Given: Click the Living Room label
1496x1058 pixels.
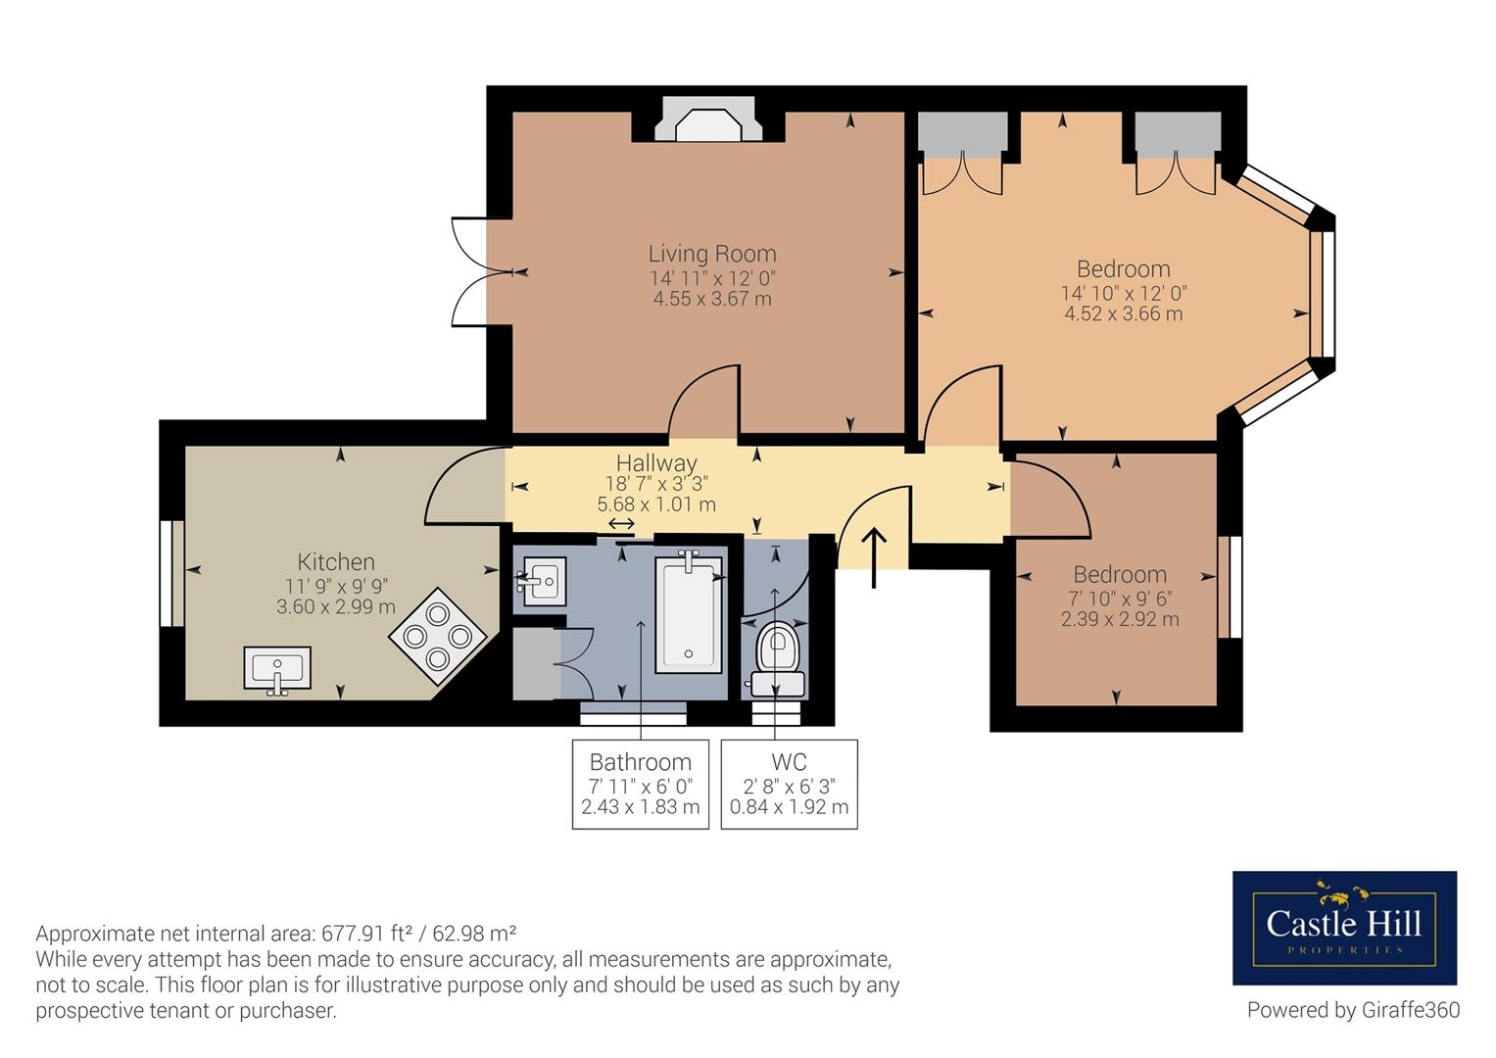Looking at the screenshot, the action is [x=712, y=254].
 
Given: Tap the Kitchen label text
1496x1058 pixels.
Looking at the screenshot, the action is [x=336, y=561].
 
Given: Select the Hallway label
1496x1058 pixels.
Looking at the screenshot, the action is [x=656, y=462].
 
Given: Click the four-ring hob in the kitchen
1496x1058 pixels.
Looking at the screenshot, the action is [x=438, y=636].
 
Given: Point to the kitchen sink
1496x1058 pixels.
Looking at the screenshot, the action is [x=277, y=670].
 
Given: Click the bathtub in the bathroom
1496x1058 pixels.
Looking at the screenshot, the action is [x=689, y=611].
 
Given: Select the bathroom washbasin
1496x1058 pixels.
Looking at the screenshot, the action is [x=542, y=581].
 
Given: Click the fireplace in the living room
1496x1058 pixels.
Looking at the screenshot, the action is [x=708, y=120].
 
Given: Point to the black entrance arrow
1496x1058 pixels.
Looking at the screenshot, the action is [x=874, y=557].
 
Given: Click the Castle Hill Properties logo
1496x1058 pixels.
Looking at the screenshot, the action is [x=1344, y=928].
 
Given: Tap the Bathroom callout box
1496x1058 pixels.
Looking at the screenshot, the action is [x=641, y=784].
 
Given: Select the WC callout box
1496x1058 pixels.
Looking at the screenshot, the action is [x=790, y=784].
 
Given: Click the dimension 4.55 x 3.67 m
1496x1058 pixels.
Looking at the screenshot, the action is [x=712, y=299].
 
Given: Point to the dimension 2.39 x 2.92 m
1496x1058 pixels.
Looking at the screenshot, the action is [x=1120, y=619].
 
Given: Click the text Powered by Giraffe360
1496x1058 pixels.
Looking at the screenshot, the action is [x=1353, y=1010].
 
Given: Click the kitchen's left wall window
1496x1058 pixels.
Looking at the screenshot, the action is [x=171, y=574].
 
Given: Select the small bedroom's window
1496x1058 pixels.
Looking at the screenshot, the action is [x=1231, y=587].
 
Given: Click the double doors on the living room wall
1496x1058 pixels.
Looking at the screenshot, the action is [x=482, y=272].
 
